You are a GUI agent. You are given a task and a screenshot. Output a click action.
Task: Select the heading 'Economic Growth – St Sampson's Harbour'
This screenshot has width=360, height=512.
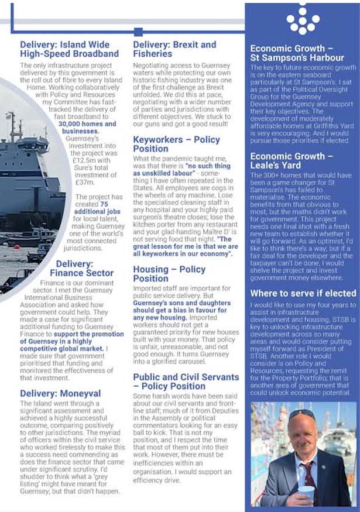[297, 53]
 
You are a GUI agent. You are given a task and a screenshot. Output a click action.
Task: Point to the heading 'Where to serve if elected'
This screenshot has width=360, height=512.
[303, 293]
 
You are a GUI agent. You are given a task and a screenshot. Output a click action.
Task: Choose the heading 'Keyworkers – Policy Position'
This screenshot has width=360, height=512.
[176, 144]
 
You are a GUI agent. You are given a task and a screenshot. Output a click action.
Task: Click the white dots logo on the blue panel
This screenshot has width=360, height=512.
[303, 20]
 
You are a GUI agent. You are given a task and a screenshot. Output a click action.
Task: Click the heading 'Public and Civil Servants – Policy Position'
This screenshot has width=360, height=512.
[186, 382]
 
